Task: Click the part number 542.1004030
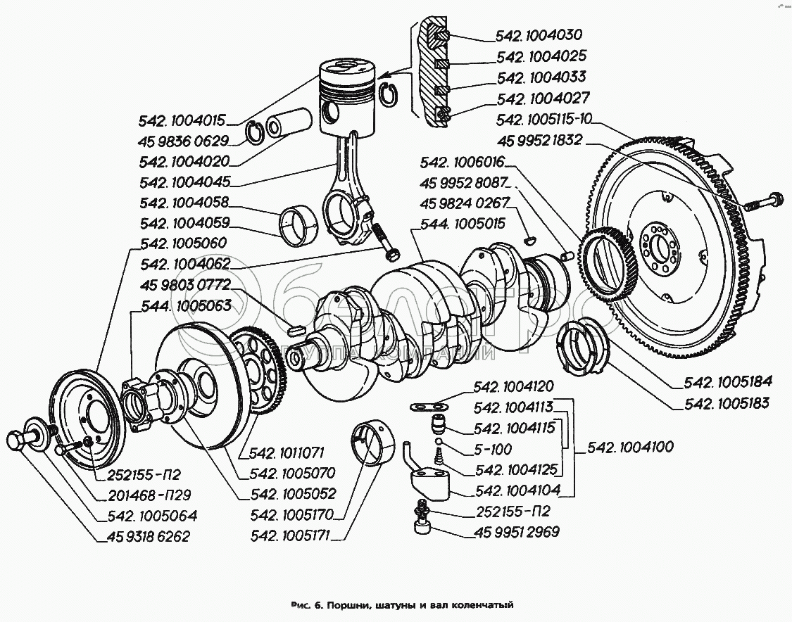point(540,35)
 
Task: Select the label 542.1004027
point(543,99)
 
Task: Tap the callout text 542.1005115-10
point(544,120)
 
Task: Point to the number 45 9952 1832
point(539,140)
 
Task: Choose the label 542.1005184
point(727,382)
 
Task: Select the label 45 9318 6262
point(149,536)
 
